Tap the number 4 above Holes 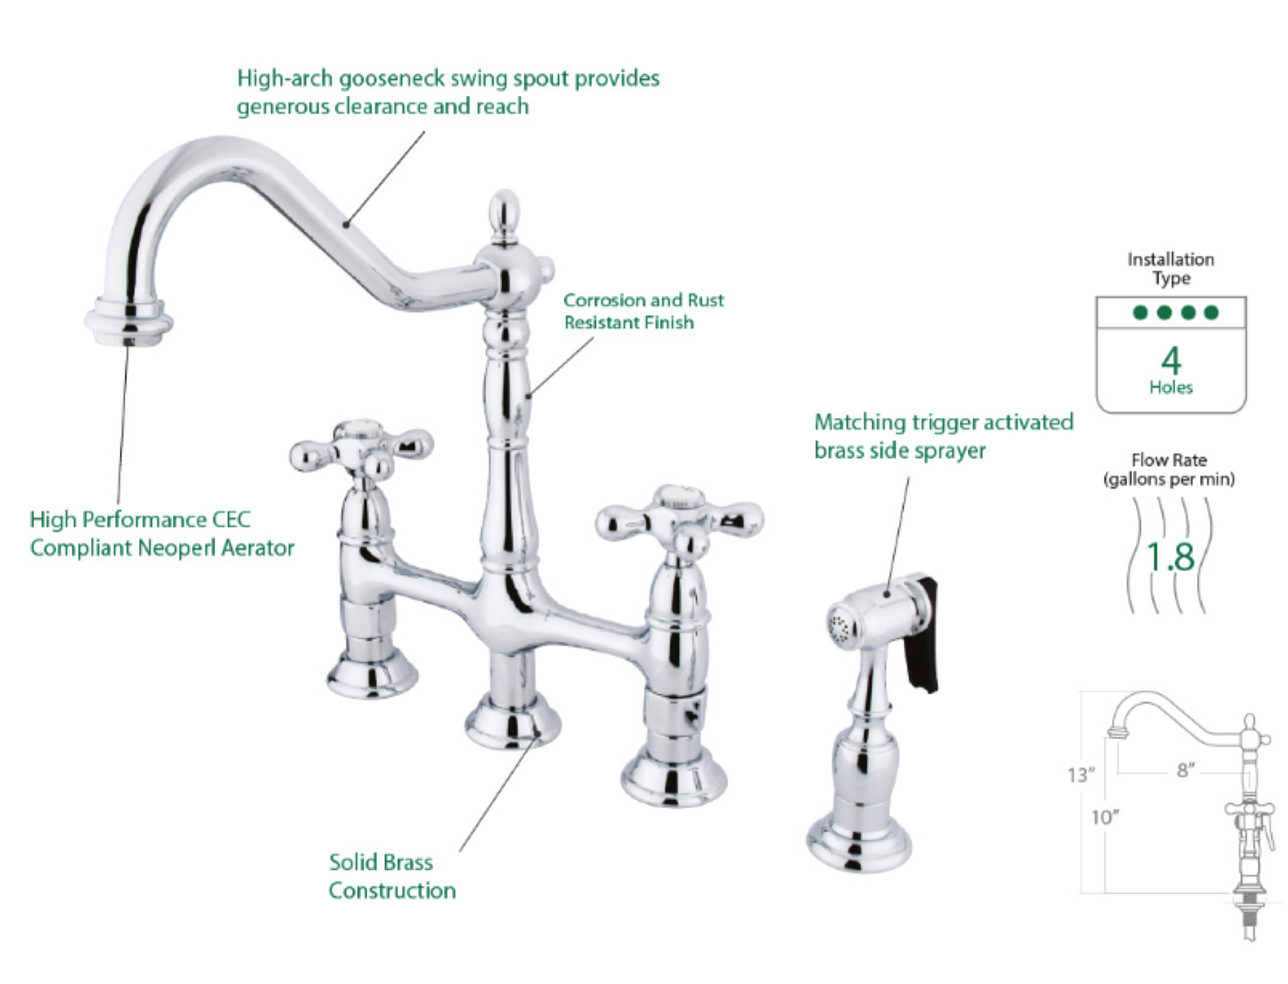[1170, 360]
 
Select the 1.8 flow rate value [1170, 557]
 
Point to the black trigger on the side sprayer [922, 635]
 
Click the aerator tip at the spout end [128, 322]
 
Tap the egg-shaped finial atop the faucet [505, 214]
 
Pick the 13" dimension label [1081, 775]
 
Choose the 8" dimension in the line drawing [1185, 769]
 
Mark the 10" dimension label [1105, 816]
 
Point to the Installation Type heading [1170, 268]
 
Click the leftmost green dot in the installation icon [1140, 312]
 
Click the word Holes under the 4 [1170, 387]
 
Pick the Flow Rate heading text [1169, 469]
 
